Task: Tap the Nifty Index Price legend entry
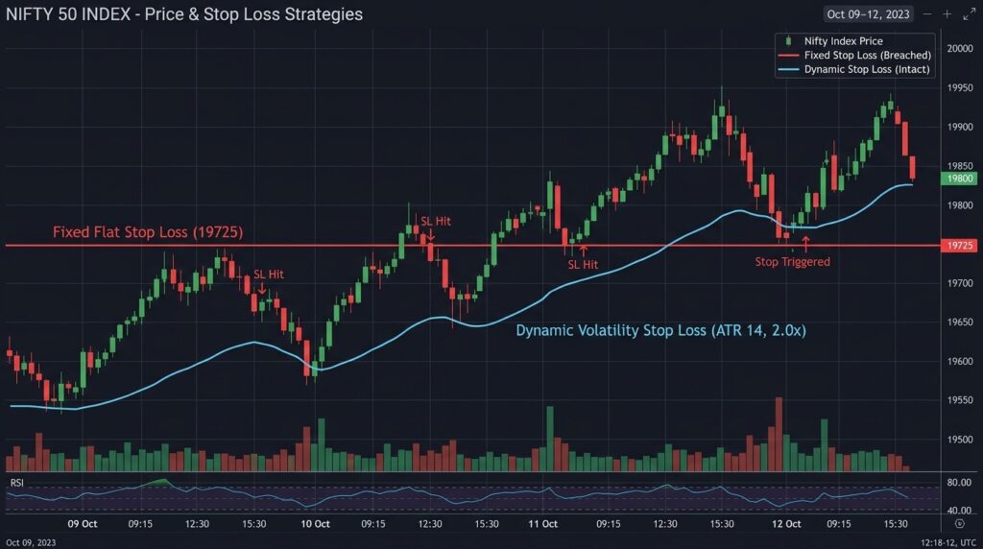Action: (843, 41)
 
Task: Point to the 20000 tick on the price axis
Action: (960, 48)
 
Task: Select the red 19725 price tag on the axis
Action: (960, 246)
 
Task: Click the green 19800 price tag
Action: (960, 179)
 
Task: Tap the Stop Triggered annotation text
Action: (792, 261)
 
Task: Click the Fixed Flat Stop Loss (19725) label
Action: (147, 232)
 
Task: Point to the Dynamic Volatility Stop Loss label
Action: (660, 330)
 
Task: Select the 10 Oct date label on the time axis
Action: (316, 524)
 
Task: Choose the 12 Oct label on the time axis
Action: (786, 524)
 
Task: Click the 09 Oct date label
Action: (83, 524)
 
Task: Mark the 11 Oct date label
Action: (543, 524)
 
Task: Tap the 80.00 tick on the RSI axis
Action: (960, 484)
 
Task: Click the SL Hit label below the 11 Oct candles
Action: (583, 264)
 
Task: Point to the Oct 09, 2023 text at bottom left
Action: (31, 542)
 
